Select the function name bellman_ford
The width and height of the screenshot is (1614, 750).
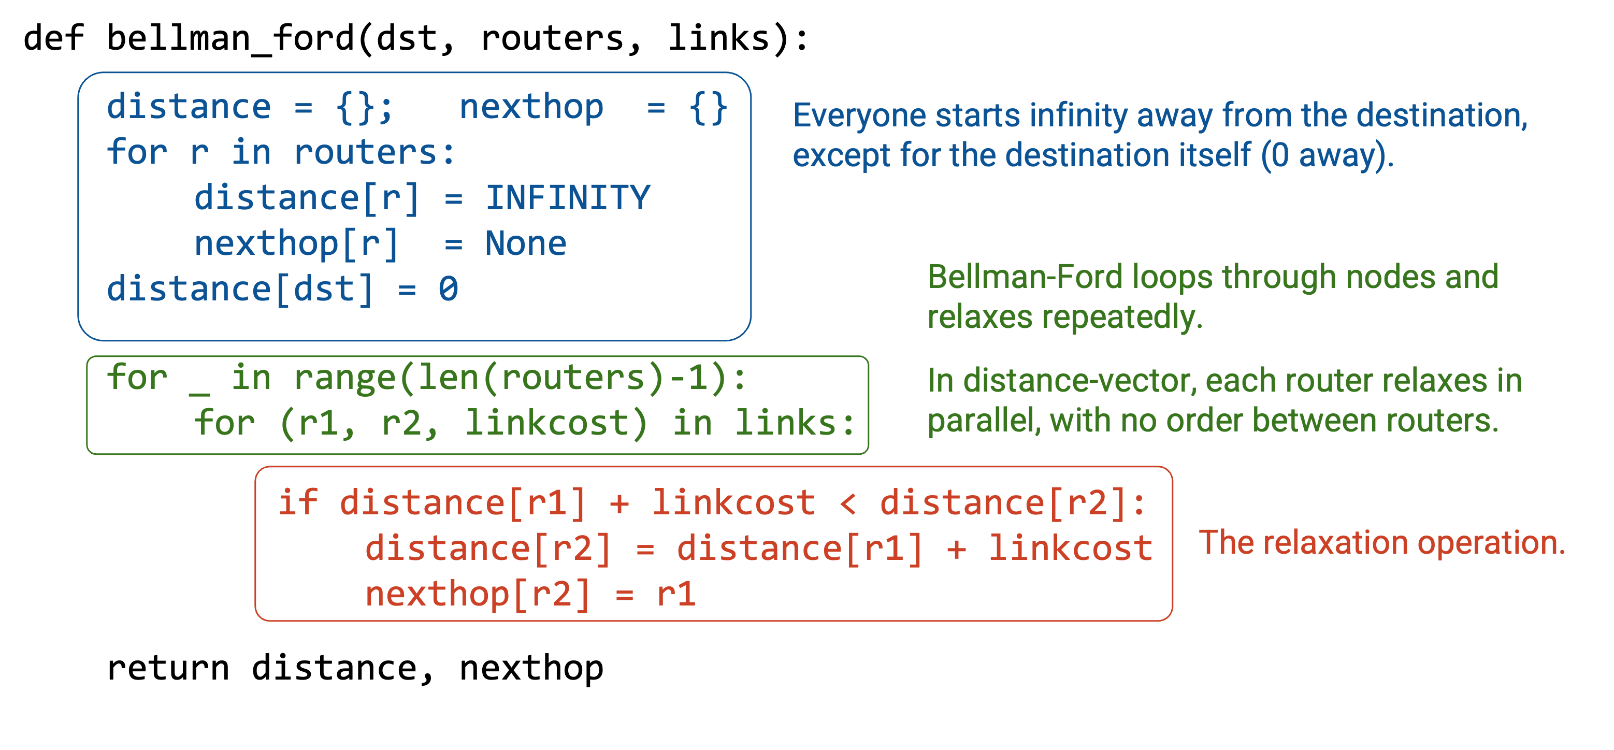230,39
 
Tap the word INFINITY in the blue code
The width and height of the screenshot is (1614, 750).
568,198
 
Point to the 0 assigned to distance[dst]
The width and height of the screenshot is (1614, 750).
448,289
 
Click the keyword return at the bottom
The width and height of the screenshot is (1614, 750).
168,668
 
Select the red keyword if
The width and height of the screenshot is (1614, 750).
298,502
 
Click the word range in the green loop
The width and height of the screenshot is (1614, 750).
344,379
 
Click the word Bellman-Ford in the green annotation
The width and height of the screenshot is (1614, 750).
1025,277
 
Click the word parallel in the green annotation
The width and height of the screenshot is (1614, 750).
984,421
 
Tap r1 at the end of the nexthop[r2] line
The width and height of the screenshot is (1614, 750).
676,594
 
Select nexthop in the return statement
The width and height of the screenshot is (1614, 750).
531,669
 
